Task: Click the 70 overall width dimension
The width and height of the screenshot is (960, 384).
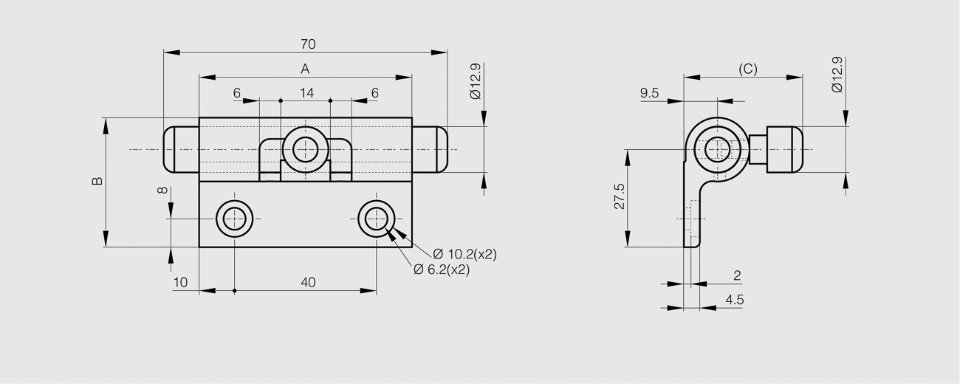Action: [308, 44]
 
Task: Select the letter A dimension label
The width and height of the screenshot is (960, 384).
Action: [305, 69]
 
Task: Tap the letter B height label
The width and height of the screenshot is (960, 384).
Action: [97, 181]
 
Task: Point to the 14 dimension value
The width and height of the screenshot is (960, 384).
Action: [307, 93]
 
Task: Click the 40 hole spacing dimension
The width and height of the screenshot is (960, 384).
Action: [308, 282]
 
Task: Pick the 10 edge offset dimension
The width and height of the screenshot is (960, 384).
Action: [180, 282]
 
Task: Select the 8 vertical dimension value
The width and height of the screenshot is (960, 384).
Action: [163, 190]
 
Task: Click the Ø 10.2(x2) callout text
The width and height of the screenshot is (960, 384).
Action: [465, 254]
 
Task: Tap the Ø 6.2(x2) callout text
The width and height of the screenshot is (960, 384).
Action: [442, 270]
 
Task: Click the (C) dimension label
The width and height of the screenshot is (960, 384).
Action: [748, 69]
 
